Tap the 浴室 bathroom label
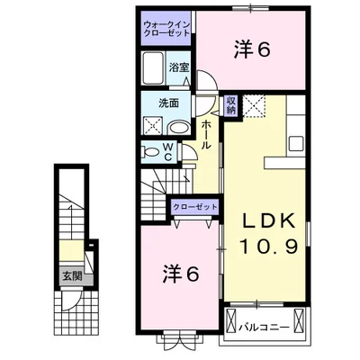coord(178,67)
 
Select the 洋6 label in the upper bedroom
coord(252,50)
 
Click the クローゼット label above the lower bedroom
coord(194,207)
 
